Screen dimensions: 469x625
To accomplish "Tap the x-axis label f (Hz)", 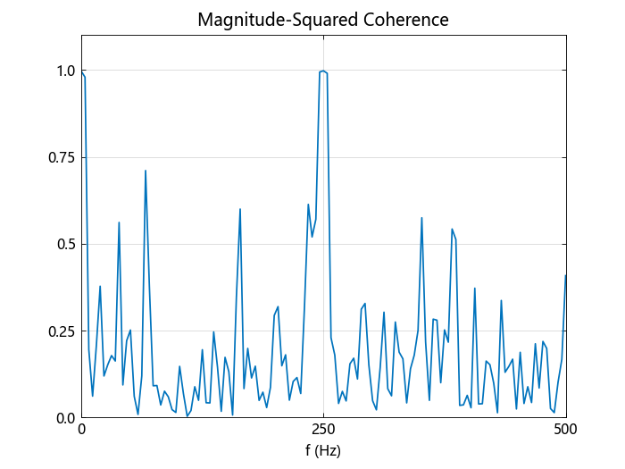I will point(323,450).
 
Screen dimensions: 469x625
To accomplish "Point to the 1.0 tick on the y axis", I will point(66,71).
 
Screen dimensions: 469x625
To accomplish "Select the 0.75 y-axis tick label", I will point(62,157).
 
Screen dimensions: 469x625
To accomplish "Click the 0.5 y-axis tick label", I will point(66,244).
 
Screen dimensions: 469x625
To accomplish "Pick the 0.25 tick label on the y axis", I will point(62,331).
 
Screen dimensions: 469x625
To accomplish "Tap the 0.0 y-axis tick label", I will point(66,418).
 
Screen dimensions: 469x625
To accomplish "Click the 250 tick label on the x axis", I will point(323,431).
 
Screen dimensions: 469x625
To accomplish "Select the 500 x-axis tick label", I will point(565,431).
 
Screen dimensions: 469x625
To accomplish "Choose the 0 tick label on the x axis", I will point(81,431).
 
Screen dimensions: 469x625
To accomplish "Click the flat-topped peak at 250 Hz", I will point(323,71).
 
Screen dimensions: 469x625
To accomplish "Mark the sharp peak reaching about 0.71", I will point(146,171).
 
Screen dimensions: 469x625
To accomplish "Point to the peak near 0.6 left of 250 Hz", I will point(240,209).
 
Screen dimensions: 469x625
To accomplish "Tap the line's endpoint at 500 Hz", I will point(565,275).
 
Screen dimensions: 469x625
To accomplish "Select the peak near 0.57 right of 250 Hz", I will point(421,218).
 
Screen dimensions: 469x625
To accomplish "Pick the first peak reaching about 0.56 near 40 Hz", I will point(119,222).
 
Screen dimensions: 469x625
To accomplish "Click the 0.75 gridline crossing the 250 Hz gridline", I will point(323,157).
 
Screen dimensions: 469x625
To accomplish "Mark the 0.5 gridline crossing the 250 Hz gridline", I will point(323,244).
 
